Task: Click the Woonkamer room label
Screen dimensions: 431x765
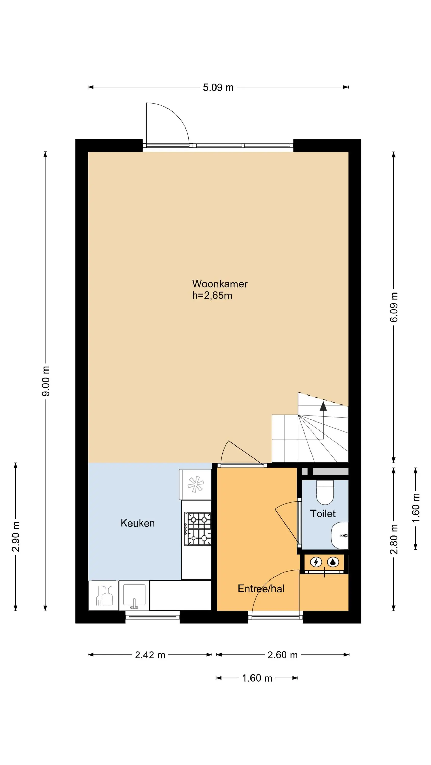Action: coord(220,284)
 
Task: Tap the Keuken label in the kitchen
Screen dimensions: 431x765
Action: coord(137,523)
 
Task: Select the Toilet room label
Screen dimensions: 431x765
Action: coord(323,514)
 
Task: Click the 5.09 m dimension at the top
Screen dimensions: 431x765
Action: coord(218,88)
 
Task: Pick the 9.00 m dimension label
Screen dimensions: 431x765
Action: coord(46,381)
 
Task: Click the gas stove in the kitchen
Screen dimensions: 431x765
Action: coord(198,529)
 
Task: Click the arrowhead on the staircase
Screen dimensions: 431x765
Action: coord(323,406)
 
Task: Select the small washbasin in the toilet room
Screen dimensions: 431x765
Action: coord(340,536)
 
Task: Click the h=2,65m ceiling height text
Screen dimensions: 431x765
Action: coord(212,296)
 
